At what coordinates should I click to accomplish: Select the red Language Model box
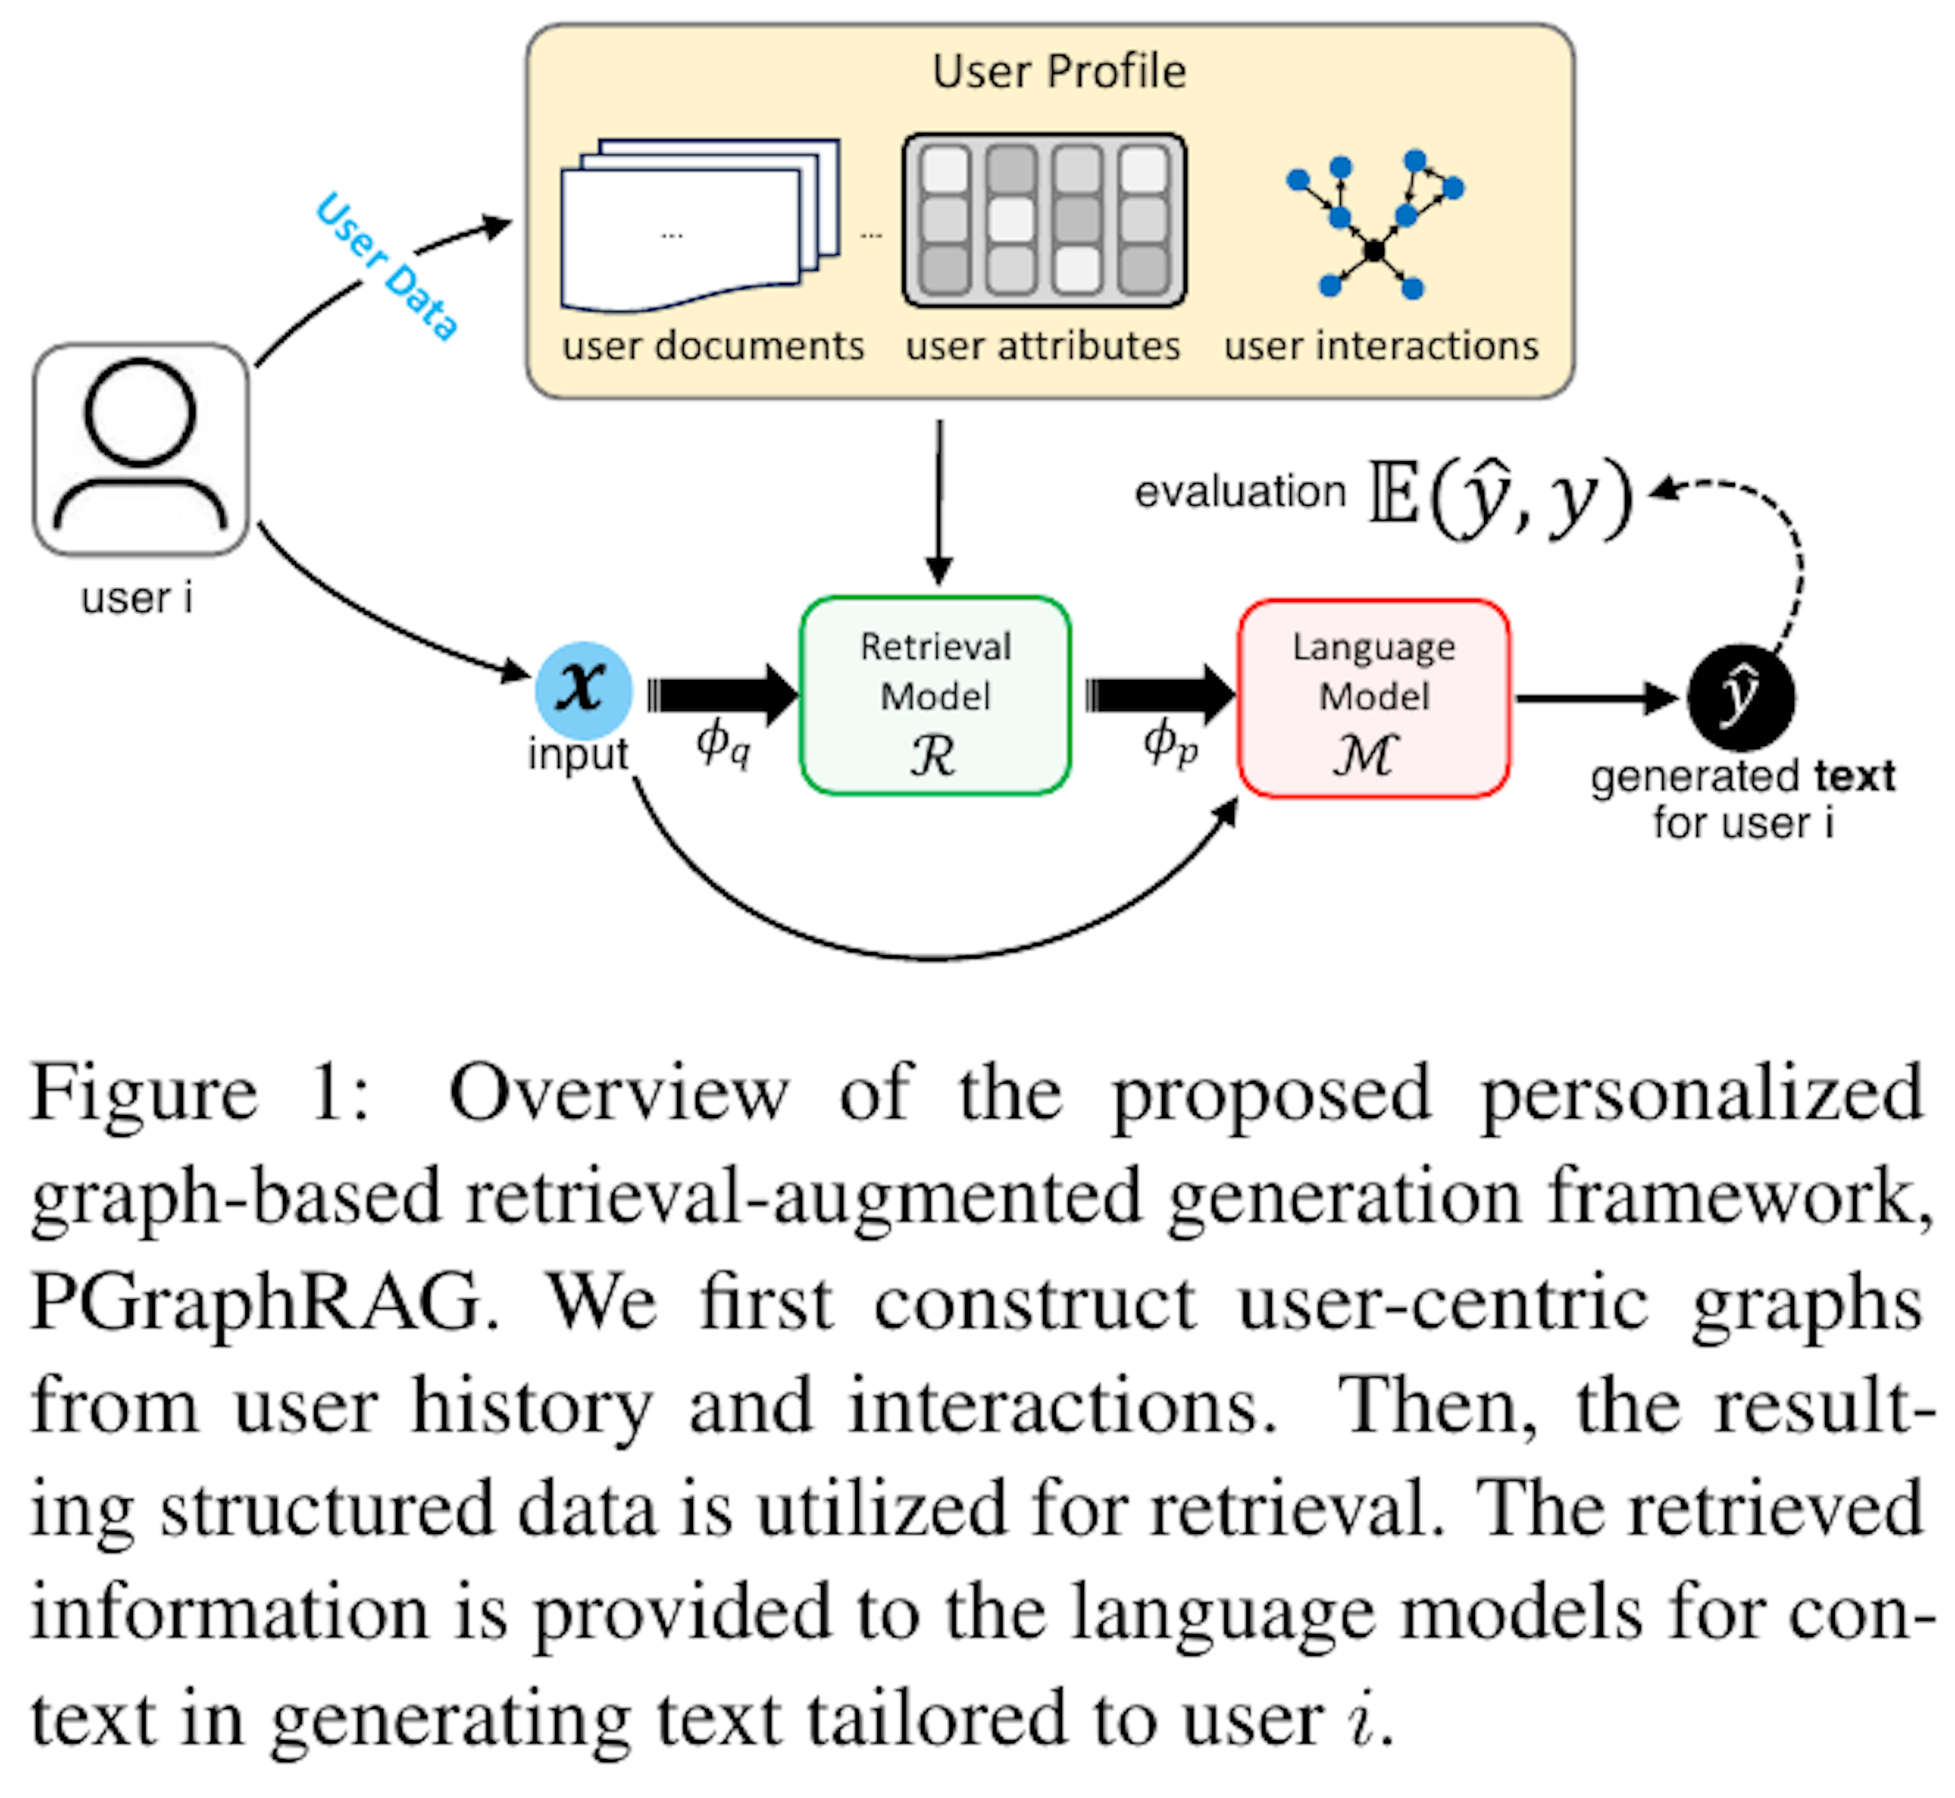[x=1372, y=698]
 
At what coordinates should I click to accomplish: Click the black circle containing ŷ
[x=1740, y=697]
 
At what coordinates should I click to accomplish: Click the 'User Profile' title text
[x=1059, y=71]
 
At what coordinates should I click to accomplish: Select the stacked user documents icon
[x=699, y=226]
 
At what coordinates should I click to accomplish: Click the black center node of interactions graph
[x=1373, y=250]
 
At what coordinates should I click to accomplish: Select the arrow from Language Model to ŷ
[x=1596, y=698]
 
